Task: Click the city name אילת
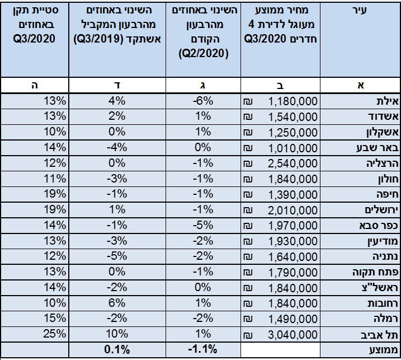pos(387,101)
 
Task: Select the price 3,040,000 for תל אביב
pos(293,335)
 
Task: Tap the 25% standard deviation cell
pos(54,334)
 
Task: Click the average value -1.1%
pos(202,349)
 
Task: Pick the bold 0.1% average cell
pos(117,349)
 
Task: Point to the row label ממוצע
pos(384,350)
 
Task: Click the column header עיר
pos(360,10)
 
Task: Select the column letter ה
pos(35,85)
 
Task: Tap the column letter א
pos(361,85)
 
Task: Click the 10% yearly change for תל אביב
pos(117,334)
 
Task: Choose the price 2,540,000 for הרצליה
pos(293,163)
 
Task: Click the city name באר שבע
pos(378,148)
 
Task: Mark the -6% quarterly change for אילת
pos(203,101)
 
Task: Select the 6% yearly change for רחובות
pos(117,303)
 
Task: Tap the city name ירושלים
pos(381,210)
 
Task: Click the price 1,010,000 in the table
pos(293,148)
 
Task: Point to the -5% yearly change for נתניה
pos(117,256)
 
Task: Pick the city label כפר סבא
pos(379,226)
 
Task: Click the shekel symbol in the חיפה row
pos(248,195)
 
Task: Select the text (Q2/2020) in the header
pos(204,54)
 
